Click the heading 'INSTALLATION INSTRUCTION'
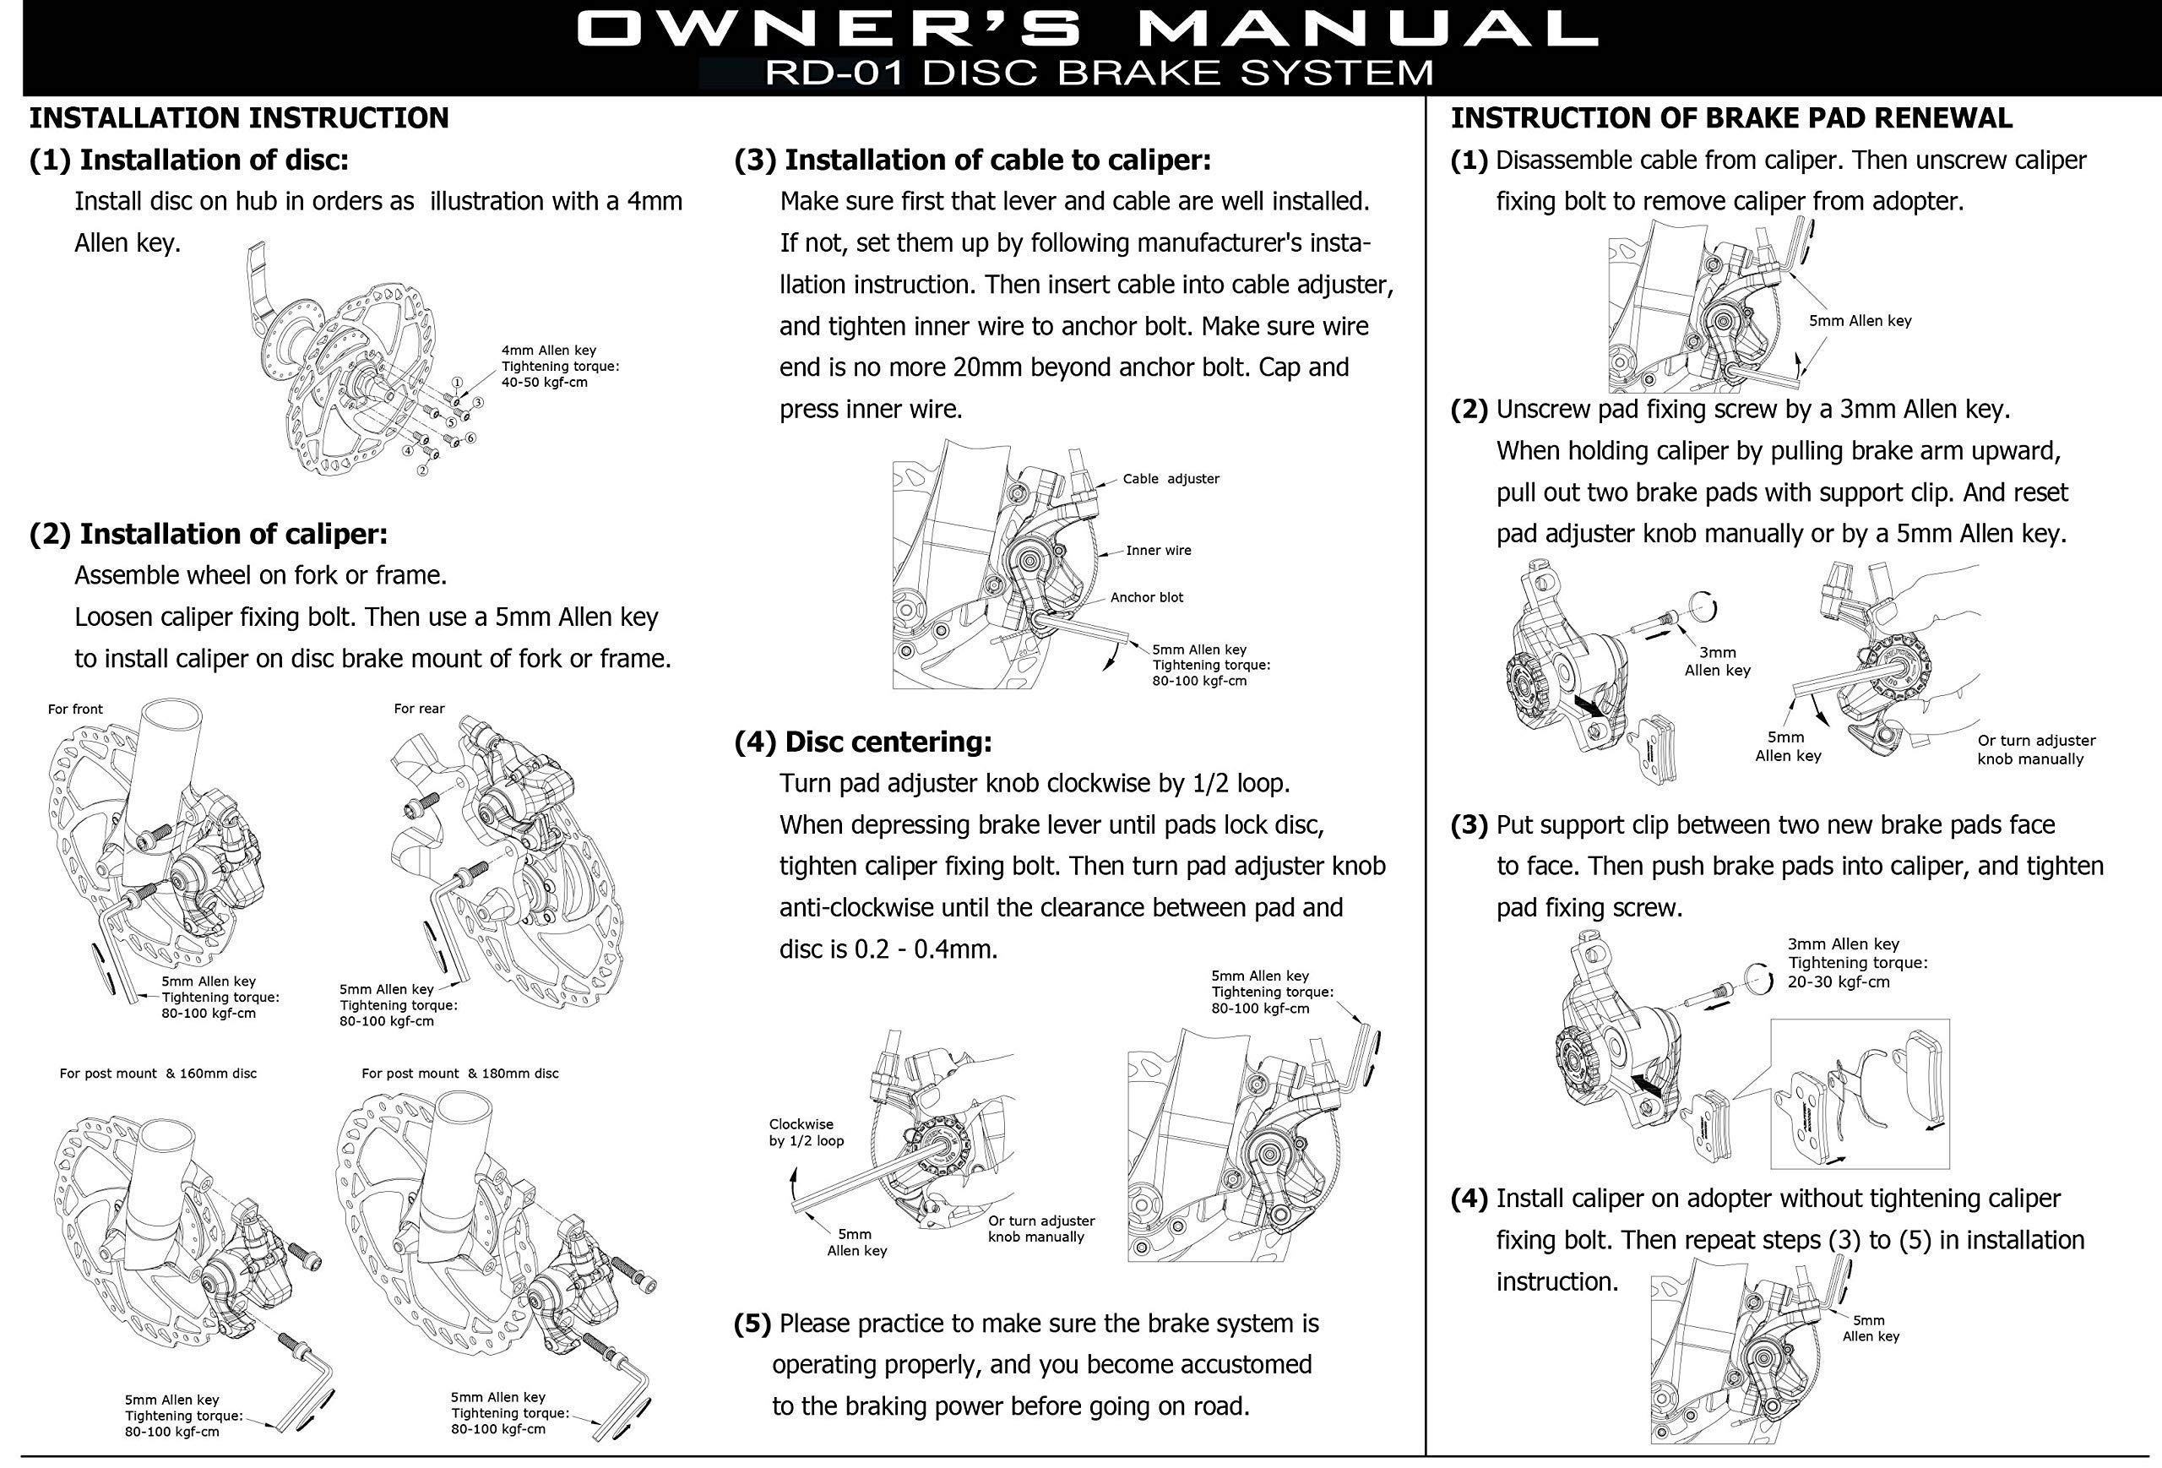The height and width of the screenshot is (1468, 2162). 238,118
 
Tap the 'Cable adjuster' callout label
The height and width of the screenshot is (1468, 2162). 1171,479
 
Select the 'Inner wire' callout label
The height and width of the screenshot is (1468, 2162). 1158,551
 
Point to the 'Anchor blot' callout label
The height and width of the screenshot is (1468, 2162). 1146,597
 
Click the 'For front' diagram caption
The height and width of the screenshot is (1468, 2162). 75,709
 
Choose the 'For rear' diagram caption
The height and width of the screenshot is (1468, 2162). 419,709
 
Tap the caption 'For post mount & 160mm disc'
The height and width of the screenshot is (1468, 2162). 158,1074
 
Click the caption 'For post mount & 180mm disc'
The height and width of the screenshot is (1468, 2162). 459,1074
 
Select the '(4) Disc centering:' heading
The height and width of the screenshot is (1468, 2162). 862,742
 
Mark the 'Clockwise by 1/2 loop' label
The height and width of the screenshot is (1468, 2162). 806,1132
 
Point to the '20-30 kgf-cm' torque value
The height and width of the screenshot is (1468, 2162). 1839,981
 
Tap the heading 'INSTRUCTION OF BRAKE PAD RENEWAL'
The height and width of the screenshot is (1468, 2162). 1731,118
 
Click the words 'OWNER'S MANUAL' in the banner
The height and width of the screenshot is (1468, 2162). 1086,30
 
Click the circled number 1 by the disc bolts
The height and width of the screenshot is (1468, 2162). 457,383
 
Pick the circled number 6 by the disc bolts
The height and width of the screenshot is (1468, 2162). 470,438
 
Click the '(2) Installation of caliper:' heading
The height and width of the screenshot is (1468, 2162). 209,534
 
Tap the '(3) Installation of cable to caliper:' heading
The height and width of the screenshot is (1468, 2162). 972,160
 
